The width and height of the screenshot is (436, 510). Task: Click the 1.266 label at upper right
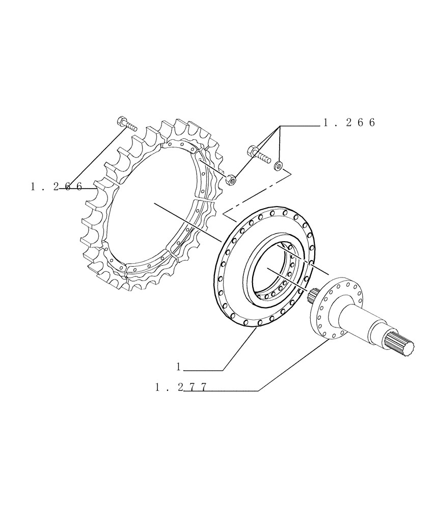[x=349, y=123]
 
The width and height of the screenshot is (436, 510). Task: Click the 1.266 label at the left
[x=56, y=187]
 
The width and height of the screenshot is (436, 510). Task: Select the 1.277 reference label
[x=181, y=388]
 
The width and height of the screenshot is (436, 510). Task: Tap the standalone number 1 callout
[x=179, y=367]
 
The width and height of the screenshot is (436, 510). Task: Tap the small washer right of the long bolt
[x=279, y=165]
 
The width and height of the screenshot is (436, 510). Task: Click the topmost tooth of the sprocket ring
[x=168, y=124]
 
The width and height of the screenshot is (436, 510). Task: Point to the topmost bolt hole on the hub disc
[x=273, y=210]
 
